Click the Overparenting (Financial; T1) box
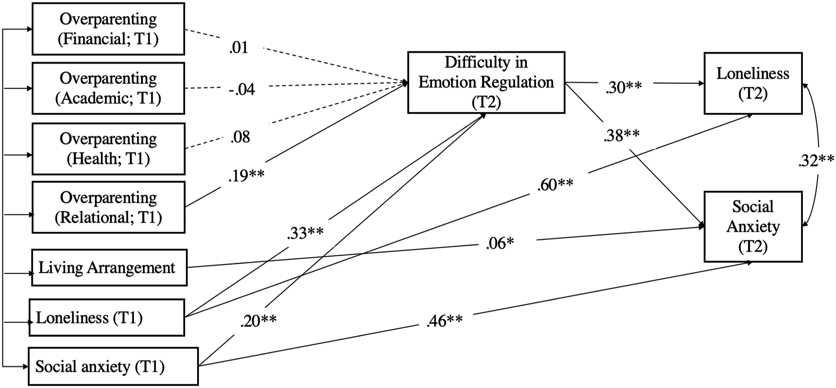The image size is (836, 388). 108,29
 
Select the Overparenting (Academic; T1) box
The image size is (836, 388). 108,88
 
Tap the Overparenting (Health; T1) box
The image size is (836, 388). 108,149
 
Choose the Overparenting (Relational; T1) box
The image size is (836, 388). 108,207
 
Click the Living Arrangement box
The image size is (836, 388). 109,268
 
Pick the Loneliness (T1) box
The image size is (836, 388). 107,317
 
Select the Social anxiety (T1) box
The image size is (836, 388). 113,366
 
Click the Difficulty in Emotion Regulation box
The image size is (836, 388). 486,82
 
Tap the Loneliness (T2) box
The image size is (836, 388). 753,83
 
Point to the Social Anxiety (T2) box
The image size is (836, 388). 753,226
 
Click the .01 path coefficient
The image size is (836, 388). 239,48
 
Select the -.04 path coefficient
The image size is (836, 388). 242,89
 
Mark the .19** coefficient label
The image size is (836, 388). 246,176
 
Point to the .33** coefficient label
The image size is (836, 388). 305,233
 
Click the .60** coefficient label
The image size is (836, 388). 555,185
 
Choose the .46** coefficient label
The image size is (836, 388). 445,321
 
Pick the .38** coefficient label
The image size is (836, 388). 622,136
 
